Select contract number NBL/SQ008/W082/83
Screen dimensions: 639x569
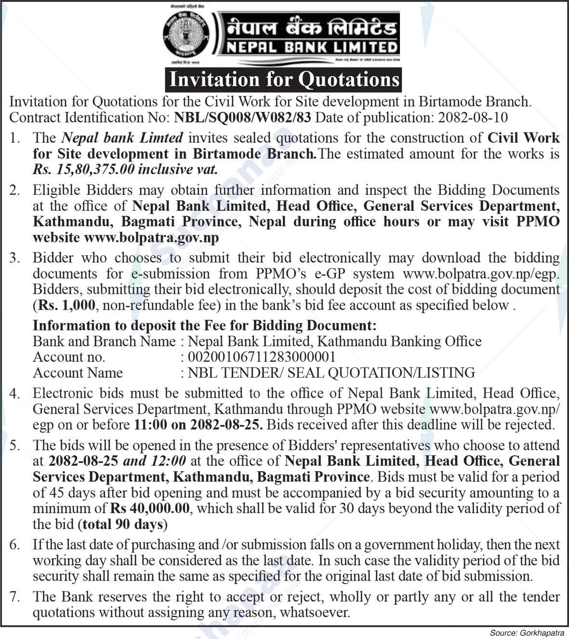point(243,117)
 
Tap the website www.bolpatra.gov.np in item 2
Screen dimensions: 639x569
point(151,237)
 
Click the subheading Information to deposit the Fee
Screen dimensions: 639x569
point(204,326)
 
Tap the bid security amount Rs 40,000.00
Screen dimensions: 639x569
point(150,508)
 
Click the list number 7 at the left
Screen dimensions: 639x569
point(15,597)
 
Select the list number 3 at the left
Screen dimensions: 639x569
point(15,258)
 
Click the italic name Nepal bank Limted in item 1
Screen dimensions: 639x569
point(122,138)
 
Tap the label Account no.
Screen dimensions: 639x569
point(69,357)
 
